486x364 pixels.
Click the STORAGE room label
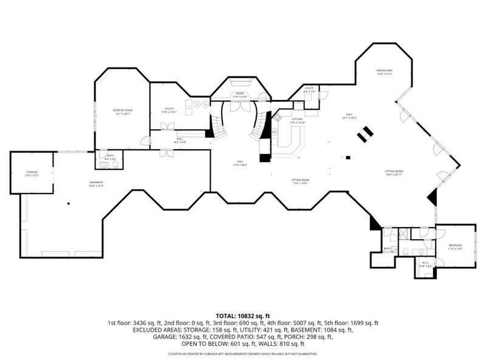pos(32,174)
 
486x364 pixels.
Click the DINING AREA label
pos(384,72)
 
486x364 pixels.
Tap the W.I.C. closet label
pos(425,265)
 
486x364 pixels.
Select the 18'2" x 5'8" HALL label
pos(180,140)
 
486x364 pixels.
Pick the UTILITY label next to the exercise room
pos(168,110)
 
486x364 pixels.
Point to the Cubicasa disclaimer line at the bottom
pos(242,353)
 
